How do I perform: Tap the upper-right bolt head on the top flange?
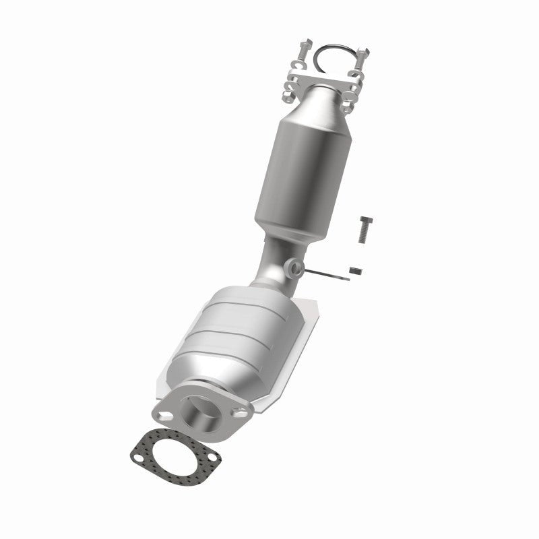[x=364, y=51]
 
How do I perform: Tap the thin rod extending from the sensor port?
[x=323, y=274]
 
